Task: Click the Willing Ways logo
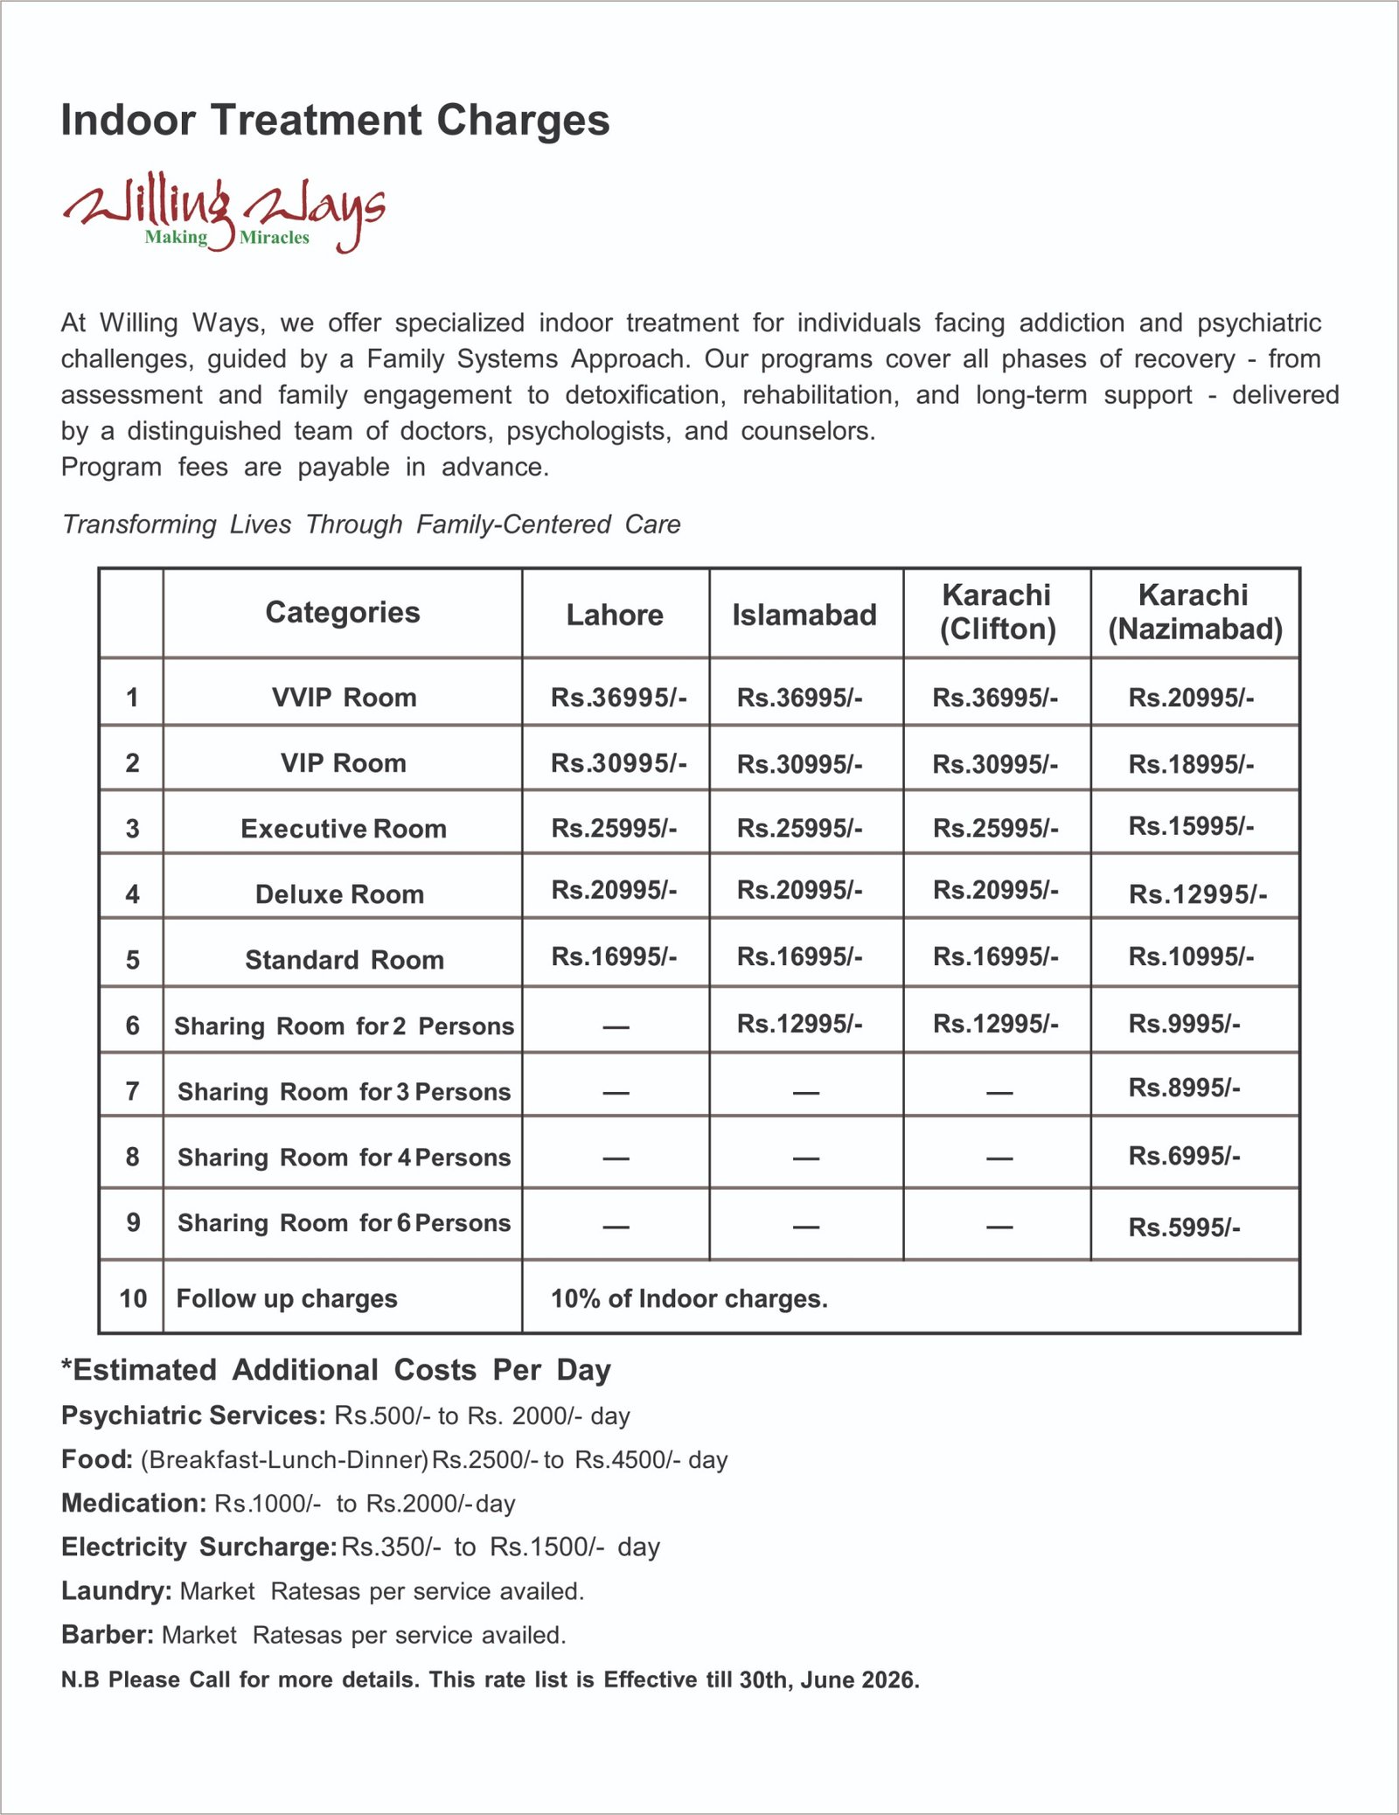point(223,212)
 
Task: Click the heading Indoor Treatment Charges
point(335,120)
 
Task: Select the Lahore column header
point(615,615)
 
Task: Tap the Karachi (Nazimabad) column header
point(1194,612)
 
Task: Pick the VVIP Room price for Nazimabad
point(1191,698)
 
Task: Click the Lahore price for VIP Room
point(618,763)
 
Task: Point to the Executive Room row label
point(344,829)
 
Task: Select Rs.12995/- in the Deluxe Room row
point(1197,894)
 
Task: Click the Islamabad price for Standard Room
point(799,957)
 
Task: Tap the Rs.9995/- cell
point(1184,1024)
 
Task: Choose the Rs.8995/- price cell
point(1184,1088)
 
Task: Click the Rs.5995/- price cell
point(1184,1227)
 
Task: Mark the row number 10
point(133,1298)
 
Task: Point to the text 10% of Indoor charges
point(689,1299)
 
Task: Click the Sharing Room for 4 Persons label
point(344,1158)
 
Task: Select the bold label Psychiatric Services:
point(193,1415)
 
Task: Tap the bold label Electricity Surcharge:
point(198,1547)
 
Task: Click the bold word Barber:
point(108,1634)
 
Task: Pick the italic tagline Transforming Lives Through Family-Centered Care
point(371,525)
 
